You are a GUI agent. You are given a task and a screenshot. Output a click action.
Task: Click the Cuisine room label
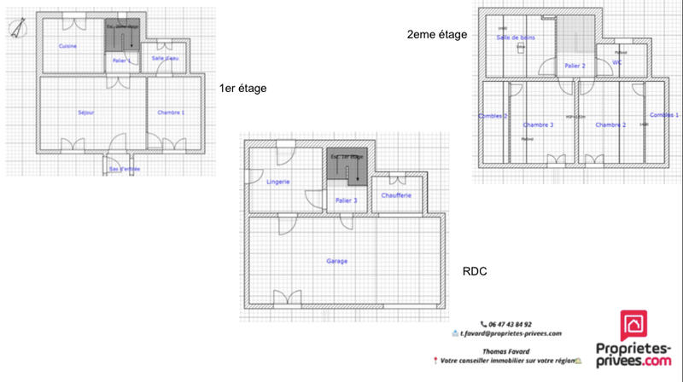[x=69, y=45]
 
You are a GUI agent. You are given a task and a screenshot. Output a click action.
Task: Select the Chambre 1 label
[x=171, y=113]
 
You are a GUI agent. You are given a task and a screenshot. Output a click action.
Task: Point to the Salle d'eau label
[x=164, y=58]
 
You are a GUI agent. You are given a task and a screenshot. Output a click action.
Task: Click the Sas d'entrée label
[x=124, y=169]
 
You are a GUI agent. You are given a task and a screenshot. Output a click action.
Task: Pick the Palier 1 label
[x=120, y=61]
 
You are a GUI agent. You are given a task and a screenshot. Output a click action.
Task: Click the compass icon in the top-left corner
[x=16, y=31]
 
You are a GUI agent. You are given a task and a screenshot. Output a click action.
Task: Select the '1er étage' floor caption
[x=242, y=89]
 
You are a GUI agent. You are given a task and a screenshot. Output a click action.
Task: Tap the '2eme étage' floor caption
[x=437, y=34]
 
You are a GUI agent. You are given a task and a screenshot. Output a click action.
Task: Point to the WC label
[x=617, y=61]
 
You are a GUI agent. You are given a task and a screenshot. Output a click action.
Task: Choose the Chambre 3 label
[x=539, y=124]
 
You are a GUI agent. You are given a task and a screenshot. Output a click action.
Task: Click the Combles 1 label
[x=664, y=114]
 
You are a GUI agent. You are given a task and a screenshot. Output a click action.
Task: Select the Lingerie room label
[x=277, y=182]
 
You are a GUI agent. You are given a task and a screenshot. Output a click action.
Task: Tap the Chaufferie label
[x=398, y=195]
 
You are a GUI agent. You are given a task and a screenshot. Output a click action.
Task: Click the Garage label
[x=336, y=260]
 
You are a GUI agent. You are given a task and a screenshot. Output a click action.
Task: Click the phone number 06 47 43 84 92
[x=511, y=324]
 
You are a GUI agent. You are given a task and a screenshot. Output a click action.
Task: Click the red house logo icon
[x=635, y=325]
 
